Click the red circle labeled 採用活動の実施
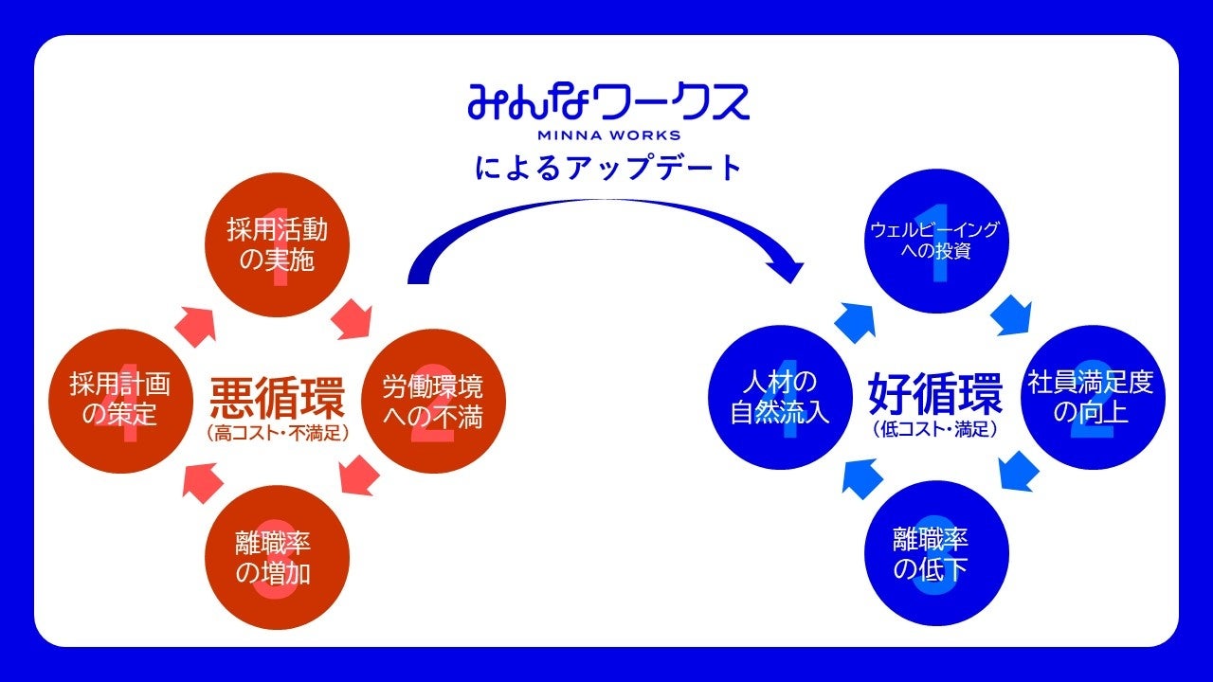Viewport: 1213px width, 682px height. [x=278, y=245]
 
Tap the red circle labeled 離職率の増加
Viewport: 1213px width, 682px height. [x=278, y=558]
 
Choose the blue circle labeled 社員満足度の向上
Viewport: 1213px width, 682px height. [x=1095, y=398]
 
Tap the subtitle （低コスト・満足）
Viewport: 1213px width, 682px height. [x=935, y=429]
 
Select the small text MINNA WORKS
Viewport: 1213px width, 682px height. [x=608, y=135]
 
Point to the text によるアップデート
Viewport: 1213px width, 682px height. [x=607, y=168]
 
